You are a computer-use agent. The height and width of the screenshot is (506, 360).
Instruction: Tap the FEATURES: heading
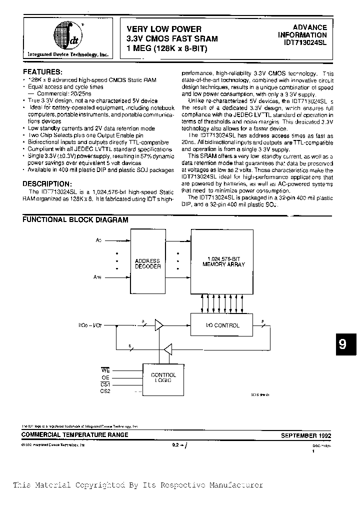pyautogui.click(x=43, y=71)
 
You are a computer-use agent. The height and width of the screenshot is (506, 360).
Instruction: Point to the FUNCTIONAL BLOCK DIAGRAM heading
pyautogui.click(x=75, y=219)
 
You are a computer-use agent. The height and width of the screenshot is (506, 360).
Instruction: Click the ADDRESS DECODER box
pyautogui.click(x=147, y=263)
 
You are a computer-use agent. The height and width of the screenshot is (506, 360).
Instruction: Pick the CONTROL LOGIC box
pyautogui.click(x=163, y=377)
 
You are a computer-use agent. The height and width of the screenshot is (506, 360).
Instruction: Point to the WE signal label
pyautogui.click(x=105, y=370)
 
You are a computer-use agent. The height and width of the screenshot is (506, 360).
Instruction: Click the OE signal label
pyautogui.click(x=105, y=377)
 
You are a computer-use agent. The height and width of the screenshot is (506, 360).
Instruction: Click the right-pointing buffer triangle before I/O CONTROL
pyautogui.click(x=159, y=325)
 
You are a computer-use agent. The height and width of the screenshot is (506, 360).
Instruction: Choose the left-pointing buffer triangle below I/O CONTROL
pyautogui.click(x=169, y=348)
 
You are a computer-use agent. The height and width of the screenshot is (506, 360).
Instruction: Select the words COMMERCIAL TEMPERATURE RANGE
pyautogui.click(x=75, y=435)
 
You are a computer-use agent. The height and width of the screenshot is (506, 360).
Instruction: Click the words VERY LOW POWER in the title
pyautogui.click(x=164, y=29)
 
